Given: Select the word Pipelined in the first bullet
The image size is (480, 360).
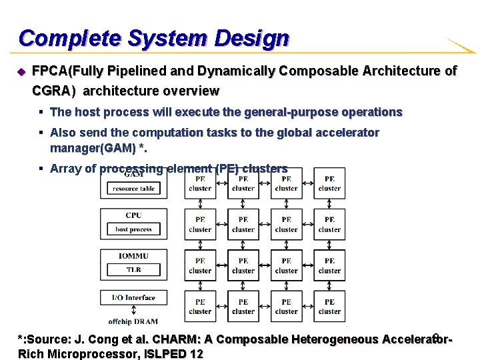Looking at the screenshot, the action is point(135,71).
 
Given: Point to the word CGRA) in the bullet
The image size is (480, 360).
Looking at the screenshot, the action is point(54,90).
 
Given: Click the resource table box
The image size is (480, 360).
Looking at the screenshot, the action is point(133,189).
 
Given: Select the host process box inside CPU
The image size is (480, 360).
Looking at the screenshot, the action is point(133,229).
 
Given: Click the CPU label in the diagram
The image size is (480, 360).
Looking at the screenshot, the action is point(133,215).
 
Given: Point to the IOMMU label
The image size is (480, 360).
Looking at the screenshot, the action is point(133,257).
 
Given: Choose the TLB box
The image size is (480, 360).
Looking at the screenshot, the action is point(133,270).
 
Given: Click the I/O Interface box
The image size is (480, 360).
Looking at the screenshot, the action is point(133,298).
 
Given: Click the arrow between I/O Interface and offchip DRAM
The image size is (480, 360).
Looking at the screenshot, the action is point(133,309).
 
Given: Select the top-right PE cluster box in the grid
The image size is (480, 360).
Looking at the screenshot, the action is point(329,183).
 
